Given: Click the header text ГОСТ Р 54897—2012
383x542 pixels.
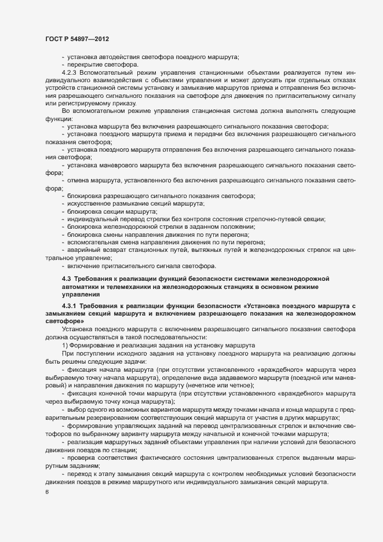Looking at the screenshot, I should [77, 38].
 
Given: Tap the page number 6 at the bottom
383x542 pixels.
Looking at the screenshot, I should [46, 492].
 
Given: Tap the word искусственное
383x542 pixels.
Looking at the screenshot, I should [92, 204].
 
